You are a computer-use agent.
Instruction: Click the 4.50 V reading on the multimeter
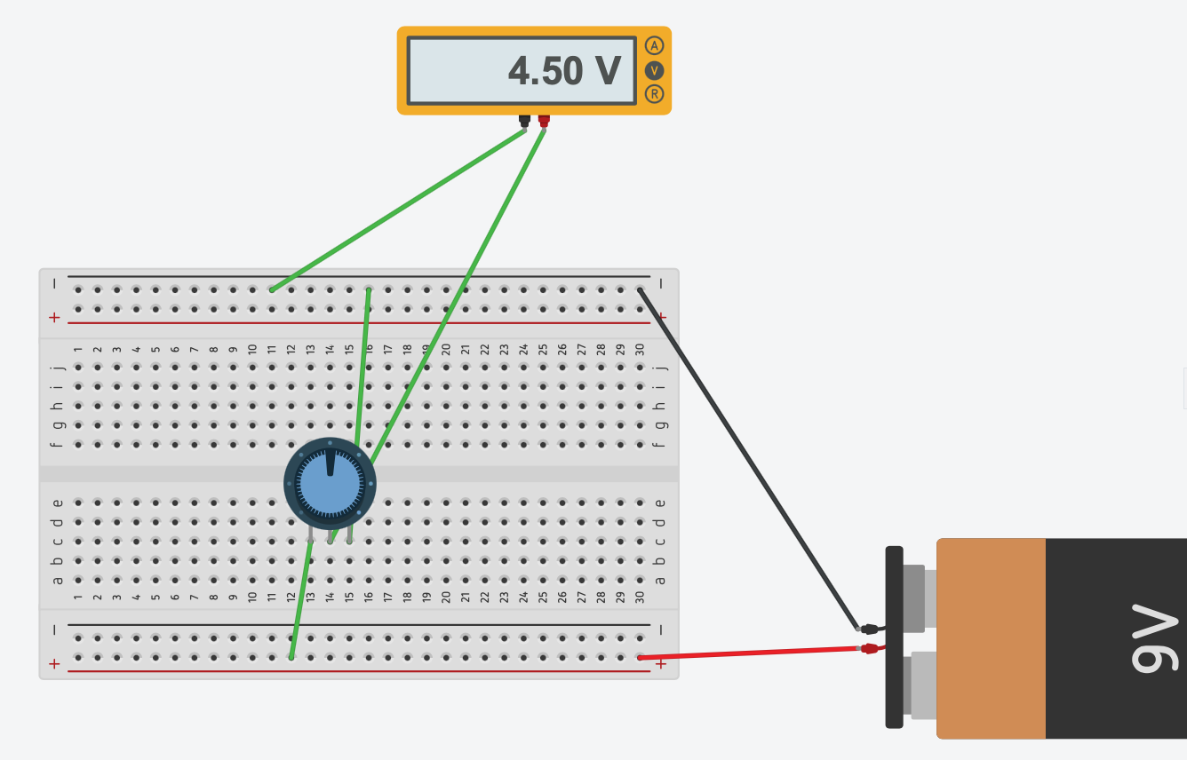coord(563,71)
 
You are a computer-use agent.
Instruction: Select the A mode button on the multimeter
coord(655,45)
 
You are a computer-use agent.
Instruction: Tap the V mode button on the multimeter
coord(655,70)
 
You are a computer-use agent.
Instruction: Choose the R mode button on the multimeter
coord(655,94)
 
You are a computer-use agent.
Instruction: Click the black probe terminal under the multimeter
coord(524,120)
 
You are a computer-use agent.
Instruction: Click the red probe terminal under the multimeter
coord(544,120)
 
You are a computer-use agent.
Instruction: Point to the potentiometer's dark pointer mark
coord(331,462)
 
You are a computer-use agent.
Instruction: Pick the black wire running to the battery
coord(746,456)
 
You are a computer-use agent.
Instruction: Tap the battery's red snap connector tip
coord(870,648)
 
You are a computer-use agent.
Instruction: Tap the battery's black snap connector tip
coord(870,628)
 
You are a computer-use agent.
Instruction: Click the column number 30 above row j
coord(640,350)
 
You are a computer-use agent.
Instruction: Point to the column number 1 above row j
coord(78,350)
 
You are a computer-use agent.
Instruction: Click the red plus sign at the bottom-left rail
coord(54,663)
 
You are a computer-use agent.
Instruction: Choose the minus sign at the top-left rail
coord(54,284)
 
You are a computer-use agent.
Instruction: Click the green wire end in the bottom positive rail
coord(291,658)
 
